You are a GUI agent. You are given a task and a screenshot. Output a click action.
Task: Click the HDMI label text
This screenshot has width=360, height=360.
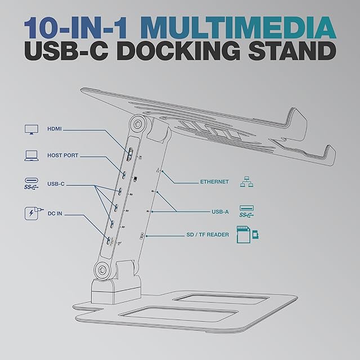(55, 129)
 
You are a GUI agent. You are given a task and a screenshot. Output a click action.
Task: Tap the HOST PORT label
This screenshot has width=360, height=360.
(63, 155)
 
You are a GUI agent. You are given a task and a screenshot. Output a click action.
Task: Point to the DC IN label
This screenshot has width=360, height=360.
(56, 214)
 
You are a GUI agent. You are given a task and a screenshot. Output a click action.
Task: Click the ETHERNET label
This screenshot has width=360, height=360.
(214, 182)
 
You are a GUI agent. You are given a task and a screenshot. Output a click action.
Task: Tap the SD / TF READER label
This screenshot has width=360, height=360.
(208, 235)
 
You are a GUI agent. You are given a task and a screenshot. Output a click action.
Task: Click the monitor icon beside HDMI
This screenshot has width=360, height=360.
(31, 130)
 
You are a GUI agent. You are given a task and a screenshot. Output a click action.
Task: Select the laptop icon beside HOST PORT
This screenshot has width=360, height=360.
(31, 155)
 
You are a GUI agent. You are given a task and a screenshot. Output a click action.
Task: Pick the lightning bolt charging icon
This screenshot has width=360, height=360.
(31, 214)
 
